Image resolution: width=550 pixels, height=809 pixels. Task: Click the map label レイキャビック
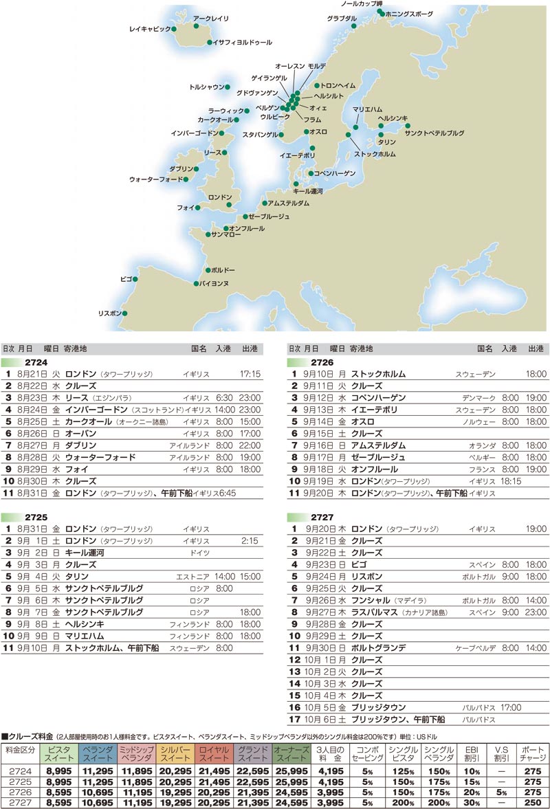(151, 30)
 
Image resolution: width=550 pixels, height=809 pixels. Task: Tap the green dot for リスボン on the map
(125, 313)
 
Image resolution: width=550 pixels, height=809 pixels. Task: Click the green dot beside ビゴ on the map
(135, 279)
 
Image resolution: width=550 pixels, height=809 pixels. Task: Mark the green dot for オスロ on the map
(307, 131)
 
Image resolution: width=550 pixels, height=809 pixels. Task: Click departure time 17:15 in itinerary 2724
(250, 375)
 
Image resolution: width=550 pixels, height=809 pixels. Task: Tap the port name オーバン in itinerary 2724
(80, 434)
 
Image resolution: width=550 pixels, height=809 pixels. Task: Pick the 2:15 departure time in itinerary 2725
(250, 541)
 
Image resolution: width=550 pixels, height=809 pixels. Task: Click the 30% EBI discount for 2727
(472, 801)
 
